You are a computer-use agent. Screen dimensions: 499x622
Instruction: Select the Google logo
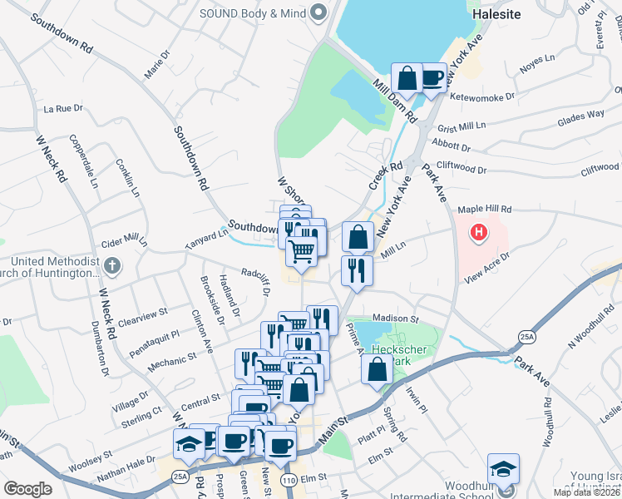tap(27, 489)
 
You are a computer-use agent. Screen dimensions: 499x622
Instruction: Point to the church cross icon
tap(114, 267)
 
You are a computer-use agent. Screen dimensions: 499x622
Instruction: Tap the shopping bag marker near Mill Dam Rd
tap(407, 79)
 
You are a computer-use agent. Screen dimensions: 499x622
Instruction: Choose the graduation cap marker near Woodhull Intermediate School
tap(503, 469)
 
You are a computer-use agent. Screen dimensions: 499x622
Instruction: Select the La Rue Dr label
tap(64, 108)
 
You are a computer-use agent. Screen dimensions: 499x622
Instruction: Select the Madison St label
tap(393, 318)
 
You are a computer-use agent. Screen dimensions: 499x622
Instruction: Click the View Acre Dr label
tap(486, 267)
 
